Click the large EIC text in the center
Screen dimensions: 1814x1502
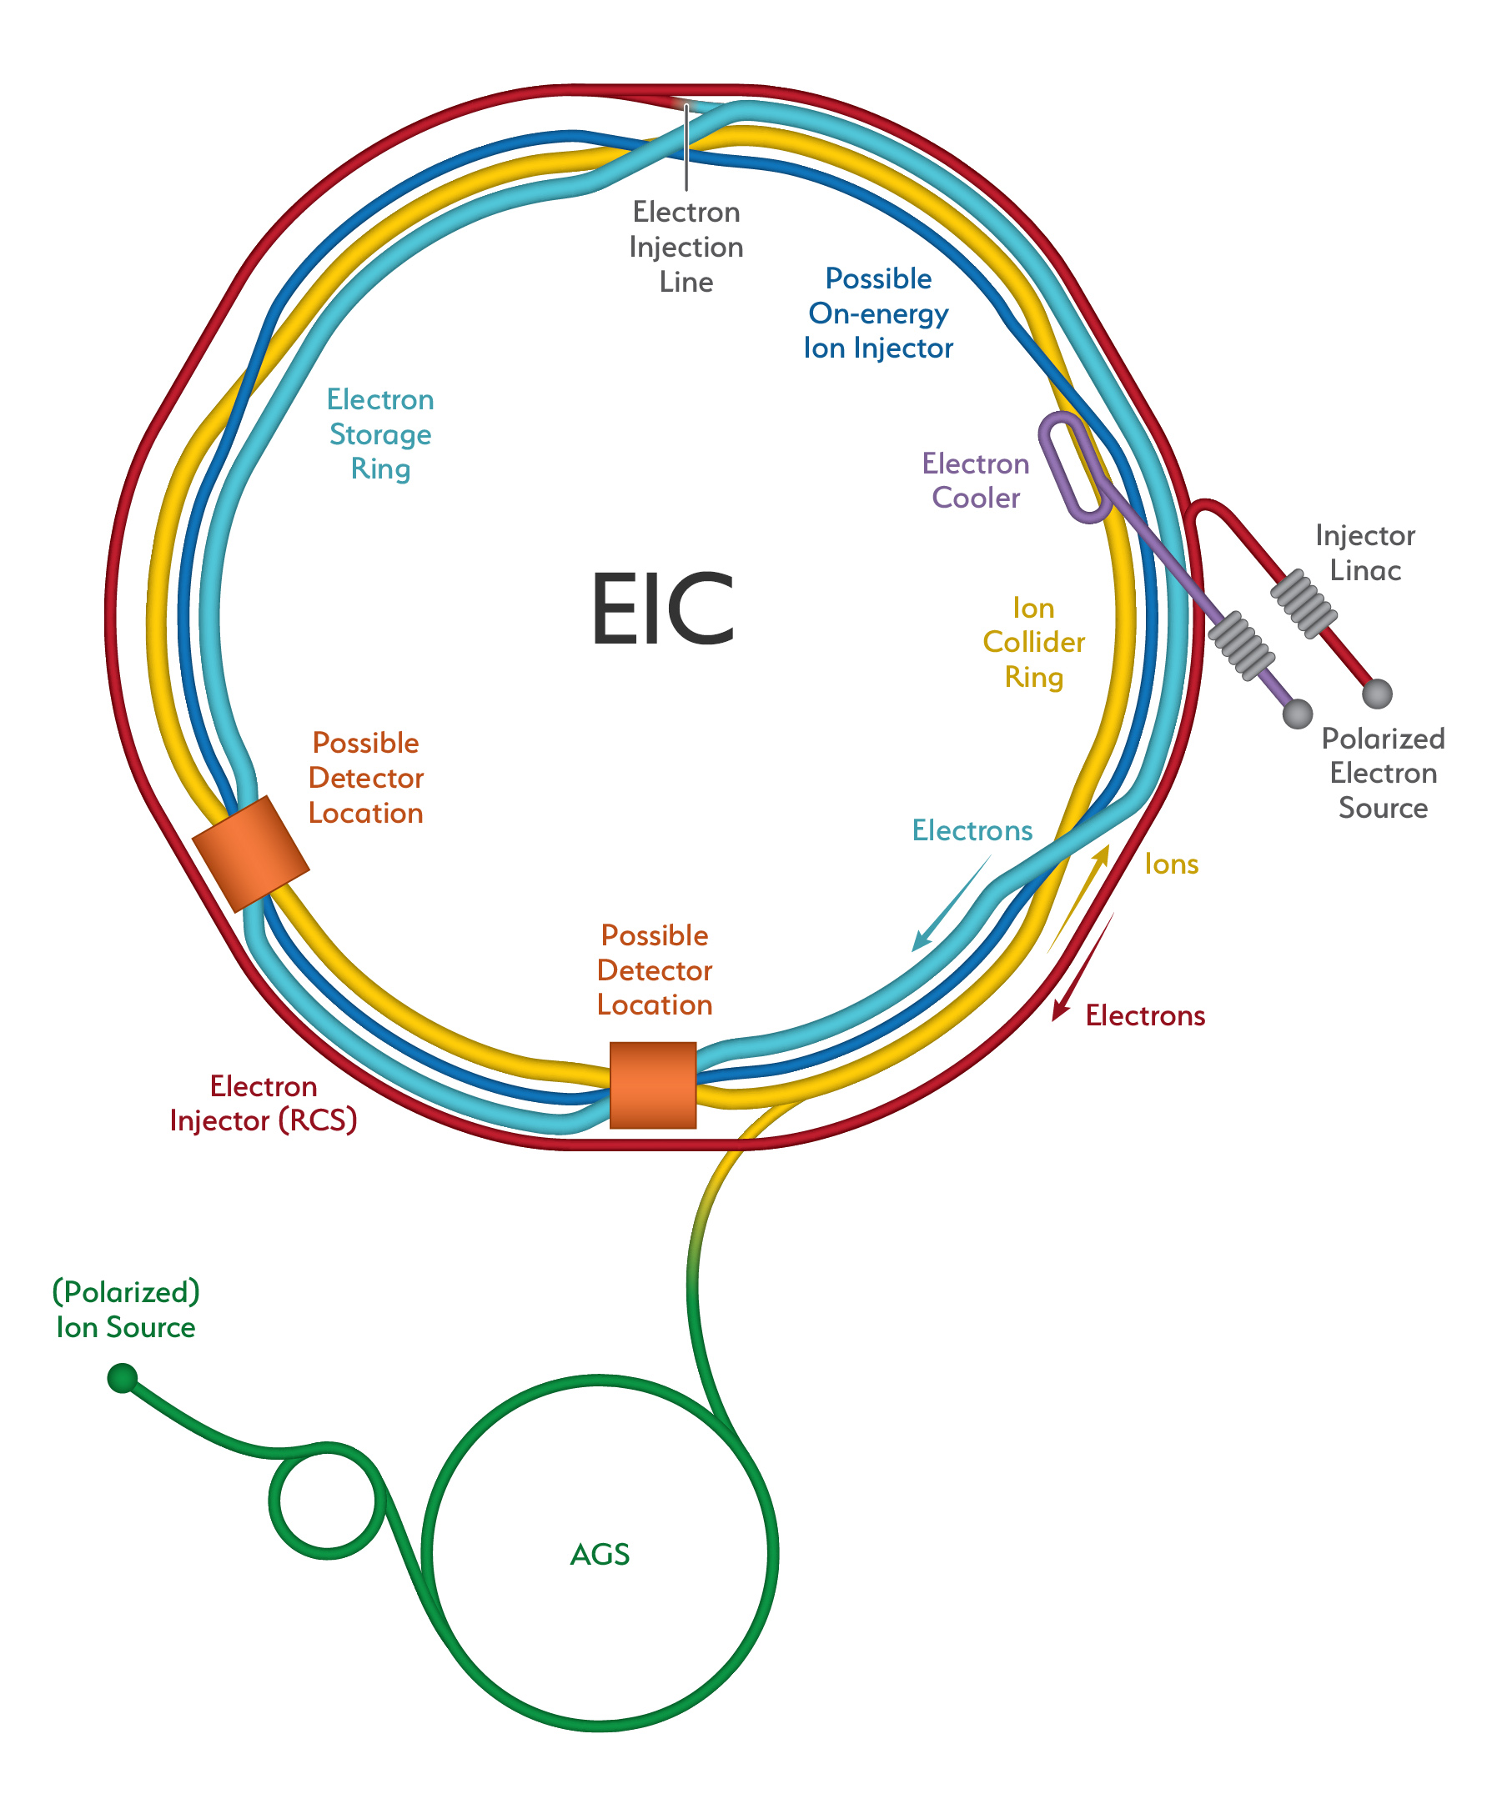[x=662, y=609]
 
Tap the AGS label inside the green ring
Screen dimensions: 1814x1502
[x=600, y=1554]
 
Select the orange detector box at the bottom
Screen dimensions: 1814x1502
[x=652, y=1084]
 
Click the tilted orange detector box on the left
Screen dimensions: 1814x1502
[x=249, y=854]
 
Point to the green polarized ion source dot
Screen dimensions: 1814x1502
[x=123, y=1377]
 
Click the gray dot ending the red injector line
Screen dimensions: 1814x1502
[x=1377, y=693]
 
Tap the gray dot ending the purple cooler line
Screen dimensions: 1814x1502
[x=1297, y=714]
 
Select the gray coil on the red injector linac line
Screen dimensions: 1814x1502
[x=1304, y=603]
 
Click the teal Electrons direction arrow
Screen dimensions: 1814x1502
[x=951, y=904]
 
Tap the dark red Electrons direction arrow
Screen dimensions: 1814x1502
[x=1082, y=968]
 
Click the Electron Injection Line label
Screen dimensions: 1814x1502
[x=686, y=247]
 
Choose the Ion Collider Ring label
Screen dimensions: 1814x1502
[x=1033, y=642]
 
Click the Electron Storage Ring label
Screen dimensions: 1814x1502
[x=380, y=433]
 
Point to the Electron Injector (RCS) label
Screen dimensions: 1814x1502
[x=264, y=1102]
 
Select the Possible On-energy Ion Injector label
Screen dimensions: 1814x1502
[x=878, y=313]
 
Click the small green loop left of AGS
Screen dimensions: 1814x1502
[x=327, y=1501]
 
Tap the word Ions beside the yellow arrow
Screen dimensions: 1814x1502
[x=1171, y=864]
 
